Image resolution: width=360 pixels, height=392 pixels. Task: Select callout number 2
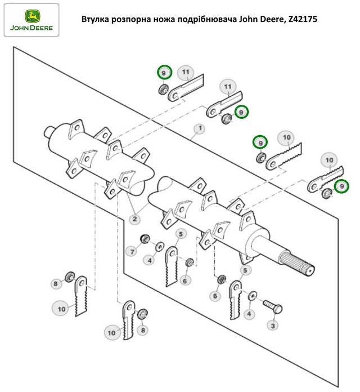coord(135,219)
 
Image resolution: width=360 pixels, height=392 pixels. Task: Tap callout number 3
coord(272,325)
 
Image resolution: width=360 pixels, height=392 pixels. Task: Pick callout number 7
coord(130,251)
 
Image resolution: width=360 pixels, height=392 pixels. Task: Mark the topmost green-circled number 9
coord(164,73)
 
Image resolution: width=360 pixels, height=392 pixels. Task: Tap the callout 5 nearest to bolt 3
coord(244,271)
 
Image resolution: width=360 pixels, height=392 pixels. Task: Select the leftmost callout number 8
coord(56,284)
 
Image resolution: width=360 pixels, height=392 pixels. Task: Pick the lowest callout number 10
coord(111,333)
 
